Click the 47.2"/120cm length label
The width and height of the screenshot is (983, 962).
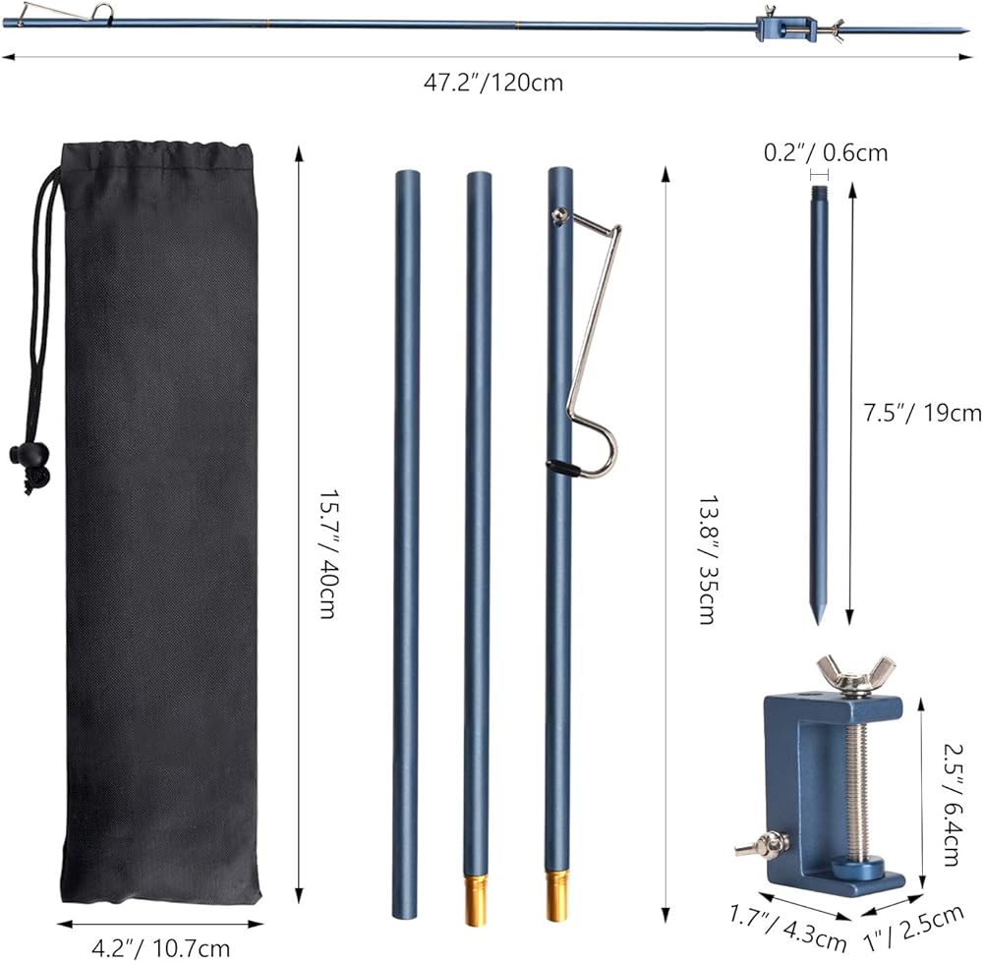[493, 83]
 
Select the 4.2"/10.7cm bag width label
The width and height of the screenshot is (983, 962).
[161, 948]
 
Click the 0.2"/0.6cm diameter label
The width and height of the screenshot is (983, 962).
[826, 152]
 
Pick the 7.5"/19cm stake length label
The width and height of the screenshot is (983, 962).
[922, 413]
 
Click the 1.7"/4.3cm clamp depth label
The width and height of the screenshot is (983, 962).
[788, 927]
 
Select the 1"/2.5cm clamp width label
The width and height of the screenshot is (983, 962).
[913, 928]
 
